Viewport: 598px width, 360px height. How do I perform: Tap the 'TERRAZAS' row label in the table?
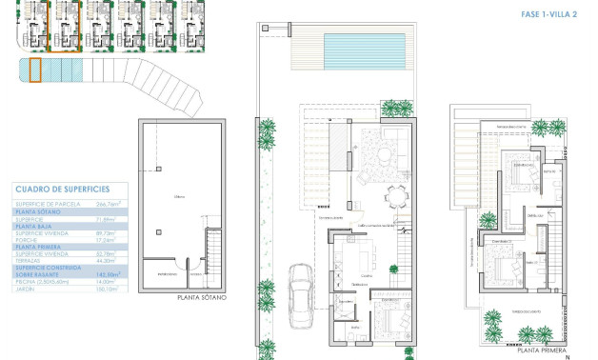(x=30, y=259)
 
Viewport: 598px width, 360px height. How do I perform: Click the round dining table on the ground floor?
(x=397, y=196)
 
